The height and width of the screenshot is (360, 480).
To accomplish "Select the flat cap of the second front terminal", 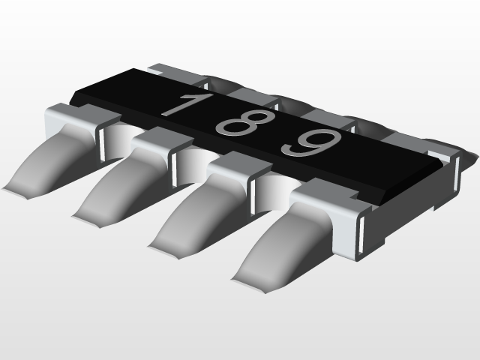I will [157, 137].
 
